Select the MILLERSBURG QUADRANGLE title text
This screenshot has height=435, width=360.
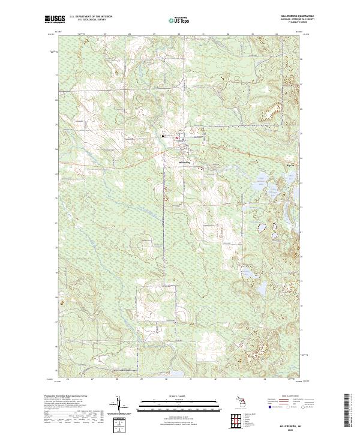click(x=287, y=16)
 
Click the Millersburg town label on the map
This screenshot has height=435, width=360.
click(x=185, y=162)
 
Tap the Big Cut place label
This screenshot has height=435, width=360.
click(x=275, y=161)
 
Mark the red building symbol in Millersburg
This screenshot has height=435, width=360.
click(x=177, y=140)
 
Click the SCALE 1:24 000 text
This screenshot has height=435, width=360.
click(x=180, y=394)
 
